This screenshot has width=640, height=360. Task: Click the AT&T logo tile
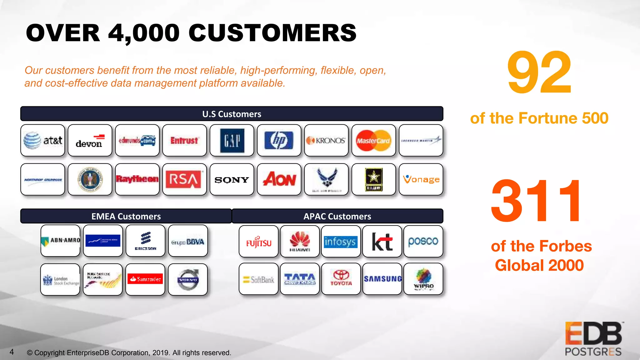[43, 140]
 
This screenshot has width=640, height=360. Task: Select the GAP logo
[232, 140]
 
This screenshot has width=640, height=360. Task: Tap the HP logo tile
[279, 140]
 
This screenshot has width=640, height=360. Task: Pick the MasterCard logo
[373, 140]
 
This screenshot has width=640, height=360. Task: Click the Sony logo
[232, 180]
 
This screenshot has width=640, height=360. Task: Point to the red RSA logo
[184, 180]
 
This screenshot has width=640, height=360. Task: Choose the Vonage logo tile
[421, 180]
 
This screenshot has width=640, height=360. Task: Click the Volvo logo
[188, 279]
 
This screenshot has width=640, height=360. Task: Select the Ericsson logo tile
[145, 241]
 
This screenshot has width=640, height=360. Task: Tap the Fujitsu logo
[258, 242]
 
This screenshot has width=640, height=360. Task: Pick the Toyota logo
[341, 279]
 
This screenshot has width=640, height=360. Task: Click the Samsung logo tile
[382, 279]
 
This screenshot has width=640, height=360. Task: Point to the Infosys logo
[341, 242]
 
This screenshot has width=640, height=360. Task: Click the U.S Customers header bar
[232, 114]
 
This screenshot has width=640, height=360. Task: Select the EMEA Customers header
[126, 216]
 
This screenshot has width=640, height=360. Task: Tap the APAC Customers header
[337, 216]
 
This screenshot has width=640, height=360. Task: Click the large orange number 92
[539, 72]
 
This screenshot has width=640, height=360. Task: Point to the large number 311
[536, 201]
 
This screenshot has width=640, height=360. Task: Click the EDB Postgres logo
[593, 339]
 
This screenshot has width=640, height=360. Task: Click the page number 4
[12, 352]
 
